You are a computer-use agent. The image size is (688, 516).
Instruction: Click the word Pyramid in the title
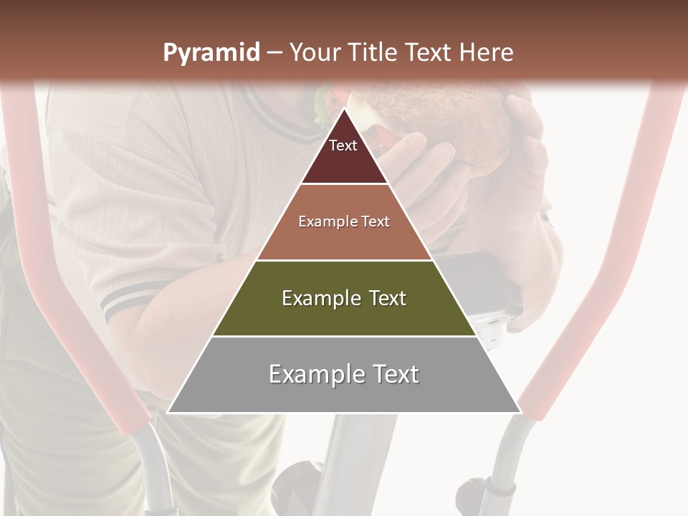(x=211, y=53)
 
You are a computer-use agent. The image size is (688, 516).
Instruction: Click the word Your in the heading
(x=313, y=53)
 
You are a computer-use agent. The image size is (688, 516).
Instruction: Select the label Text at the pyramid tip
(x=343, y=146)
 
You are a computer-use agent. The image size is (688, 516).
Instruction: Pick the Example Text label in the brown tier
(x=344, y=222)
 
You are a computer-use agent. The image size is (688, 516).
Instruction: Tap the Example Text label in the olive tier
(x=344, y=299)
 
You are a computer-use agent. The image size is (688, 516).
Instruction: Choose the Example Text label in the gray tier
(x=344, y=375)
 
